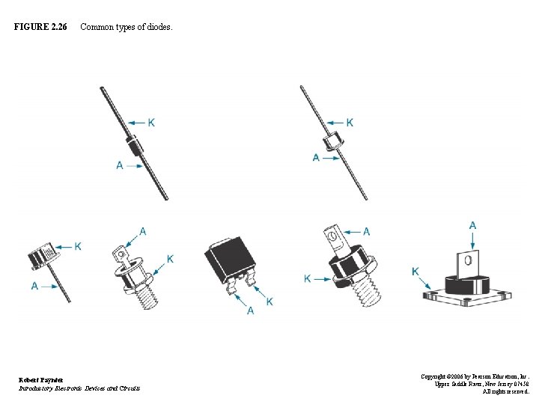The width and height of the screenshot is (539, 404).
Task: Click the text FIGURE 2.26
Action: tap(40, 28)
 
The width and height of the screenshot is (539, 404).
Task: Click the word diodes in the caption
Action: tap(156, 28)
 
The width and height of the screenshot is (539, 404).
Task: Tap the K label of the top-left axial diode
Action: tap(153, 122)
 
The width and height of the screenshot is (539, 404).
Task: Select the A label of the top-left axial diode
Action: tap(120, 165)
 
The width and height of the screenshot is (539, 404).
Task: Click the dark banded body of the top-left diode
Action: tap(135, 144)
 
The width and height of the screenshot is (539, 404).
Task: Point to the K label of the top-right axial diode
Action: tap(350, 122)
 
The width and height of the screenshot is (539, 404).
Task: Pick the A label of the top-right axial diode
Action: tap(316, 158)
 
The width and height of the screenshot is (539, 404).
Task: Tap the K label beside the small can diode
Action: tap(78, 246)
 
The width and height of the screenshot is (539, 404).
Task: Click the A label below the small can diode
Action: tap(34, 286)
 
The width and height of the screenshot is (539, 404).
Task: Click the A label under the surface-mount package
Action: tap(250, 310)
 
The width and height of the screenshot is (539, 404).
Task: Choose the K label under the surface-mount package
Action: tap(269, 301)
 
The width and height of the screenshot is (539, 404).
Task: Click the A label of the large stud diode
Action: tap(366, 231)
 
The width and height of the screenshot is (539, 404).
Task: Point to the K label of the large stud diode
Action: tap(308, 278)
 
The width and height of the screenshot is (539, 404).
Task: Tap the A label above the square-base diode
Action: tap(472, 225)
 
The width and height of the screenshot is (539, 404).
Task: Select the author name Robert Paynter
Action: tap(42, 380)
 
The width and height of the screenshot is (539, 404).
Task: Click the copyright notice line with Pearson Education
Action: tap(475, 376)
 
